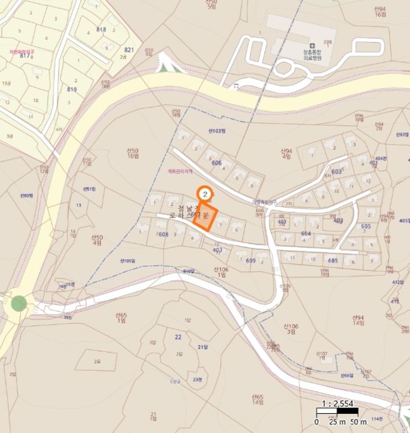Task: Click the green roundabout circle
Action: pos(19,304)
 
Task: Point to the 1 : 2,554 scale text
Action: pos(337,403)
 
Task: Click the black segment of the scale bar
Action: pos(326,411)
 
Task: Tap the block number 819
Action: pos(72,89)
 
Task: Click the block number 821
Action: pos(129,49)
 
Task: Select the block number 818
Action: pos(101,30)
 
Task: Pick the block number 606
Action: pos(216,163)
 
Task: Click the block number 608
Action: pos(163,234)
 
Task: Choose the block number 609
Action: pos(250,260)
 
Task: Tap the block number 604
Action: pos(305,234)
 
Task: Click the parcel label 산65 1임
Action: pos(121,319)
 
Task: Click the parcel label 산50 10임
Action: pos(133,153)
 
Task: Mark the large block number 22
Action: pos(178,337)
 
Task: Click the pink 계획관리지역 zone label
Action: pos(180,171)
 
